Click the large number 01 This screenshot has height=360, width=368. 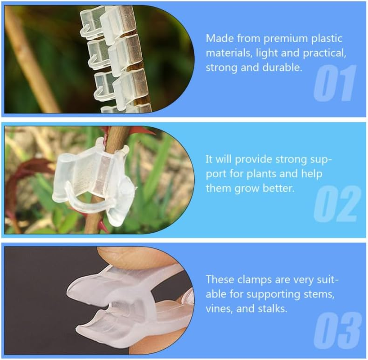point(335,83)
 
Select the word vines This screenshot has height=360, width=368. point(219,309)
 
